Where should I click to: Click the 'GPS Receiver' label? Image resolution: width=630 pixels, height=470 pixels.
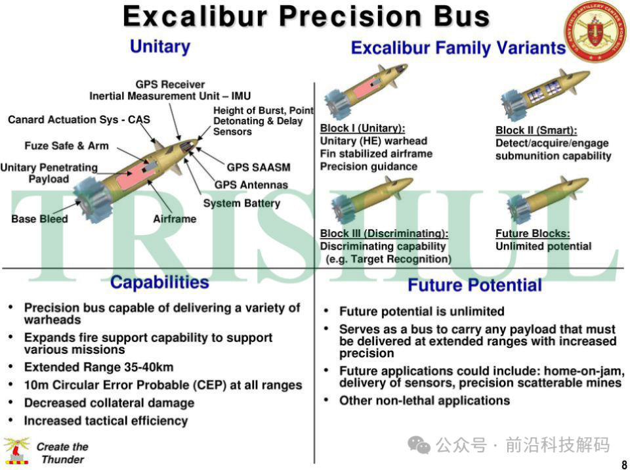click(x=170, y=85)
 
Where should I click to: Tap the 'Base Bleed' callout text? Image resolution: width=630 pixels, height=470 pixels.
click(x=39, y=219)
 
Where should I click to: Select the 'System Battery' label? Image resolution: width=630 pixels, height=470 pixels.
click(x=241, y=203)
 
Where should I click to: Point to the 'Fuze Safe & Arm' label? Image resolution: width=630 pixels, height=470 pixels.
click(x=67, y=146)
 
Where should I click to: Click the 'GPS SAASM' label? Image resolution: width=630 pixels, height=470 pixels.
click(x=259, y=167)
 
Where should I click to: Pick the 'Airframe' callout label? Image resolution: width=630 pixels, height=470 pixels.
click(x=175, y=219)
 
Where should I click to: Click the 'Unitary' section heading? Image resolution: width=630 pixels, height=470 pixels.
click(x=160, y=47)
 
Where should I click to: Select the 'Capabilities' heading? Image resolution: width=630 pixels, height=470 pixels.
click(x=159, y=282)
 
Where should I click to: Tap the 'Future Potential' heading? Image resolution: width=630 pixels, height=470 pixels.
click(x=474, y=285)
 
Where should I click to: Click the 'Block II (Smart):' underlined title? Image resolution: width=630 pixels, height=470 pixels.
click(x=536, y=130)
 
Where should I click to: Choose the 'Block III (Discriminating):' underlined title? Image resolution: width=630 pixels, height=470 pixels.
click(x=384, y=234)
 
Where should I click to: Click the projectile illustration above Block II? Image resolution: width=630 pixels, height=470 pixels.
click(x=545, y=94)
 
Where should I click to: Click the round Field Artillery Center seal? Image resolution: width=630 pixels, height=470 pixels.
click(x=595, y=32)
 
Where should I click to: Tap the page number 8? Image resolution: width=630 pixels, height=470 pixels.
click(x=624, y=464)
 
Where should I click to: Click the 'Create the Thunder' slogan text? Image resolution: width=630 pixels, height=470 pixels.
click(x=62, y=453)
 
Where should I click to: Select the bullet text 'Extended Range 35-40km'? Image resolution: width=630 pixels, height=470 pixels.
click(x=99, y=367)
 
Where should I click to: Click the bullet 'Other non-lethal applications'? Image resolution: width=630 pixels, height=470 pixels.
click(x=425, y=400)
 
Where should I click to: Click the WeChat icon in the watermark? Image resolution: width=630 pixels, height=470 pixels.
click(x=419, y=445)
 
